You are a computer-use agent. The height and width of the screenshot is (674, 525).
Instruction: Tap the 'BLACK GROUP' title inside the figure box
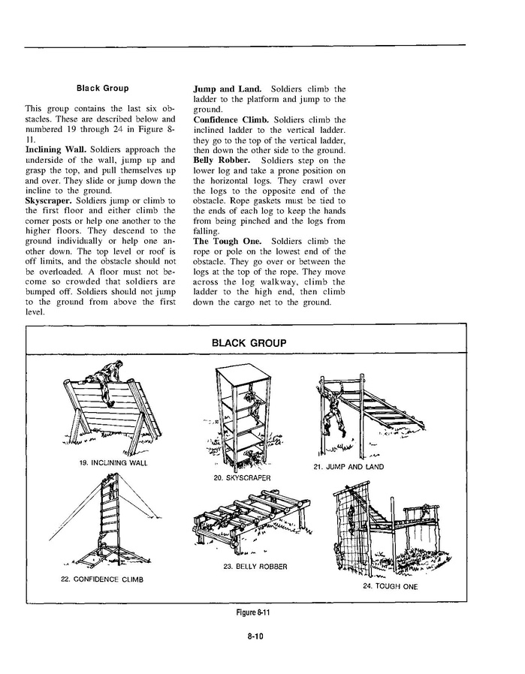coord(249,343)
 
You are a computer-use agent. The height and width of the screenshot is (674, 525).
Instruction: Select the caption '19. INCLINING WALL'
coord(113,463)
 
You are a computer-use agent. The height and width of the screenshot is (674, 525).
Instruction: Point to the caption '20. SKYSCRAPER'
coord(242,477)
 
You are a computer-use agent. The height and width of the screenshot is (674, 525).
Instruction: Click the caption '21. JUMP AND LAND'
coord(348,467)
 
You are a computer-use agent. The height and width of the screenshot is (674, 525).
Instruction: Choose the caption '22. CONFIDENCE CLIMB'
coord(102,579)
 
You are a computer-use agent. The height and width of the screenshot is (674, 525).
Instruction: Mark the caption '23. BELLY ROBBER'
coord(255,567)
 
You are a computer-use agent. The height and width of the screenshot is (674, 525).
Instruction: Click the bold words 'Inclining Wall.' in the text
coord(52,150)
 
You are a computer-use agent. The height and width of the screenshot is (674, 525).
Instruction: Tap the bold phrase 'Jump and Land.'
coord(224,89)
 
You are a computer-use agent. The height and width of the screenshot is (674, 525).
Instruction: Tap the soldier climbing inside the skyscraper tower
coord(257,406)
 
